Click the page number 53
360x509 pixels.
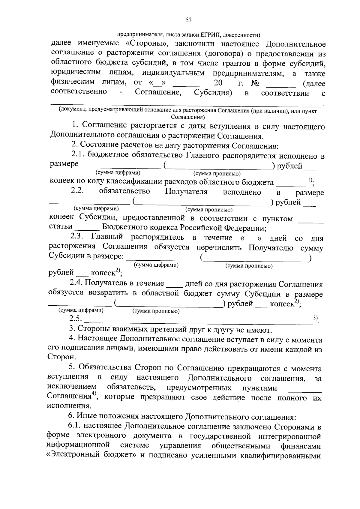(189, 20)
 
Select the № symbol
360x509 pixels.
(255, 83)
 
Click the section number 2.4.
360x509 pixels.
(76, 283)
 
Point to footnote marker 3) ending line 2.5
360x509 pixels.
(315, 318)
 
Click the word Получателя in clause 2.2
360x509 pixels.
(186, 192)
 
